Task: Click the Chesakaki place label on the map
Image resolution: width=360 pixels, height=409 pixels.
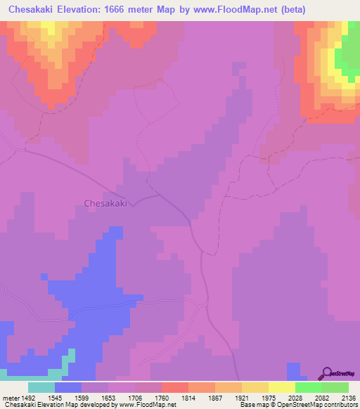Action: coord(105,204)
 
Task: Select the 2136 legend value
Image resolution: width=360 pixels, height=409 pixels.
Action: coord(348,397)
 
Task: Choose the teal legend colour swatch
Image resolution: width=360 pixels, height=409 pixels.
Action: coord(41,387)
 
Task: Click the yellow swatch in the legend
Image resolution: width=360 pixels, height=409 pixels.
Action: coord(281,387)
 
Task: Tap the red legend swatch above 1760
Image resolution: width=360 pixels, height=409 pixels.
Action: coord(174,387)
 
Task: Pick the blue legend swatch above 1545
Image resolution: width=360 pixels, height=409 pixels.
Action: coord(67,387)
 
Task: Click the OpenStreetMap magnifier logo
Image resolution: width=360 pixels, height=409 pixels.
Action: coord(327,372)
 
